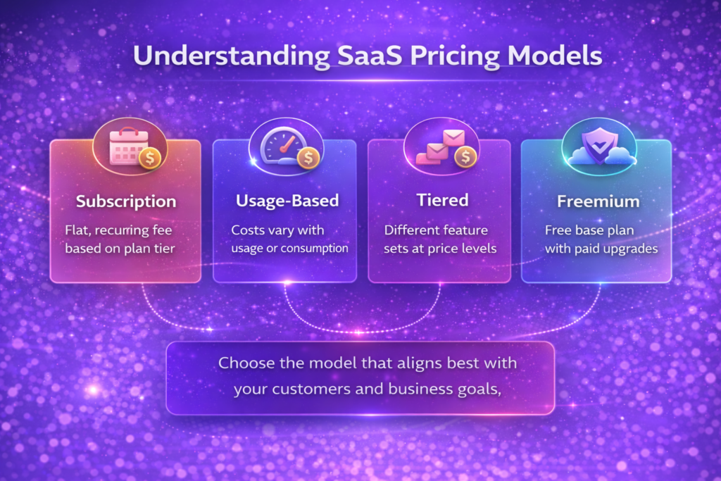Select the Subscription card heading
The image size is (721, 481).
tap(126, 201)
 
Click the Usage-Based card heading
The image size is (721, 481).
tap(287, 201)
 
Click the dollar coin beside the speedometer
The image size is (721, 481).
tap(308, 158)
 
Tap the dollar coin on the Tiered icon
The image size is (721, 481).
tap(464, 157)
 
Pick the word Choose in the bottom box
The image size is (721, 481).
tap(244, 364)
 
